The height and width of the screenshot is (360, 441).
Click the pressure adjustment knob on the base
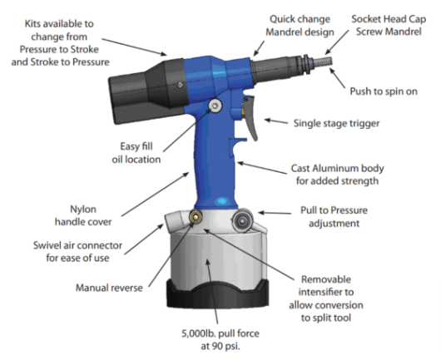tap(243, 221)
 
